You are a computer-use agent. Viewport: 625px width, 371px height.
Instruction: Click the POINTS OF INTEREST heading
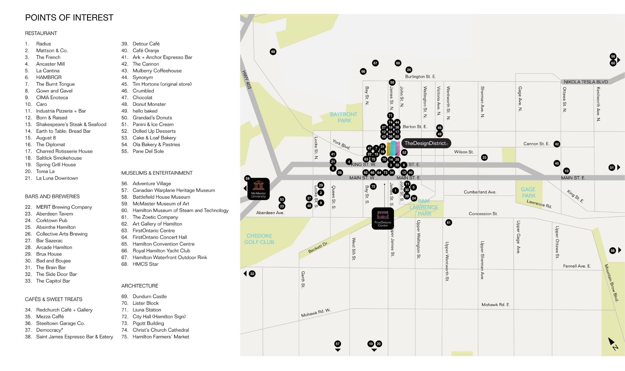coord(69,18)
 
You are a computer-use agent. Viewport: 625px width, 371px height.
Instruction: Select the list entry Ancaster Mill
coord(50,64)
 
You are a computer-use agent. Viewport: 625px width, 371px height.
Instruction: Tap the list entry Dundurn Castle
coord(149,296)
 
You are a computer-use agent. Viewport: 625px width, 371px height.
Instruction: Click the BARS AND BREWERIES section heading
coord(52,196)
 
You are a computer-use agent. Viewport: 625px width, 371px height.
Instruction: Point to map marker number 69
coord(273,52)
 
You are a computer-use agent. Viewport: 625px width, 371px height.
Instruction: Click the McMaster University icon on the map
coord(258,189)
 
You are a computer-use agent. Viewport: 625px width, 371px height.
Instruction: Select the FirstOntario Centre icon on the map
coord(382,218)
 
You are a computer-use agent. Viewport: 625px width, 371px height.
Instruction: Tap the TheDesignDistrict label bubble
coord(426,143)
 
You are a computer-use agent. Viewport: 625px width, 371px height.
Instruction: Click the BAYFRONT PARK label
coord(344,117)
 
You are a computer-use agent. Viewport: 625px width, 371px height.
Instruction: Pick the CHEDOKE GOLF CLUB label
coord(259,239)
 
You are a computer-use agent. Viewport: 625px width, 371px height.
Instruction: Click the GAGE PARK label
coord(528,192)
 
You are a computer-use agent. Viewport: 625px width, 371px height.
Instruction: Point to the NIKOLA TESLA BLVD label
coord(586,82)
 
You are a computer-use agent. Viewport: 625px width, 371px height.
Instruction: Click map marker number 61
coord(448,222)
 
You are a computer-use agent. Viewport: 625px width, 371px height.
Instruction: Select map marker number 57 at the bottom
coord(337,344)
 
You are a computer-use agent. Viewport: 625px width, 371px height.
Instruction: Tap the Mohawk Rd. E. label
coord(495,304)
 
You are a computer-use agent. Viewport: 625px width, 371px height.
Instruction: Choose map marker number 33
coord(484,158)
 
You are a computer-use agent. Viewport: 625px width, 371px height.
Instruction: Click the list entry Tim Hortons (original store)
coord(162,84)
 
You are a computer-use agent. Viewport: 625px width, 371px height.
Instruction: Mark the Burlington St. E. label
coord(420,77)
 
